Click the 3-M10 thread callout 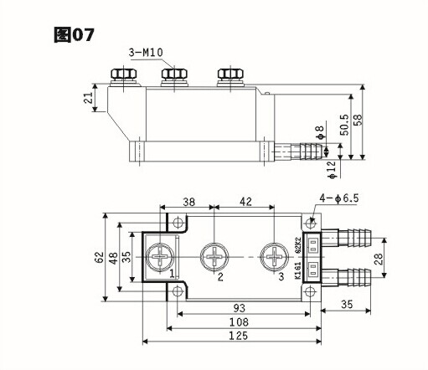[146, 53]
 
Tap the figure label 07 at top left [74, 35]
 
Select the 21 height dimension [89, 98]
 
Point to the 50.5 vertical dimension [344, 125]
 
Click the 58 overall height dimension [358, 120]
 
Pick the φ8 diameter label [320, 132]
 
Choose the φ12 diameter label [333, 170]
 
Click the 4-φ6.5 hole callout [339, 198]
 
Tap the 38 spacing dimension [189, 202]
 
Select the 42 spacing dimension [245, 202]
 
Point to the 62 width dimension [99, 257]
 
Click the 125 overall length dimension [239, 336]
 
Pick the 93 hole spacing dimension [240, 308]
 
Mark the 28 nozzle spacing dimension [379, 259]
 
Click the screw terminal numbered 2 [214, 257]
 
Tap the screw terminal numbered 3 [274, 257]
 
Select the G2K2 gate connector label [298, 245]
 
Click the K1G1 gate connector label [298, 270]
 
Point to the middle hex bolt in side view [174, 74]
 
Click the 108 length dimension [239, 322]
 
